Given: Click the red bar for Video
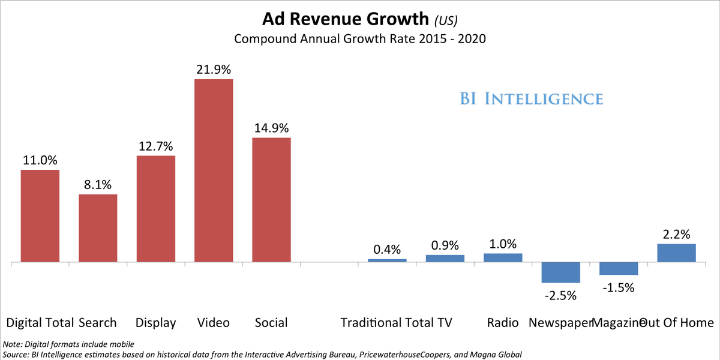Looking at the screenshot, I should [214, 171].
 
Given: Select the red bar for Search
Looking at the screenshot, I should [98, 229].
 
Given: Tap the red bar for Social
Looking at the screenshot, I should [271, 200].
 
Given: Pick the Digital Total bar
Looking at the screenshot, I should [40, 216].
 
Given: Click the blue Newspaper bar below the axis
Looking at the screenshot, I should [560, 272].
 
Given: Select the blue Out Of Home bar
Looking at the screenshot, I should [676, 253].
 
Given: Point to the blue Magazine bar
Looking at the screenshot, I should [619, 269].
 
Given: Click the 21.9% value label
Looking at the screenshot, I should [214, 70].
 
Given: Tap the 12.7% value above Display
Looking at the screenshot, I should [155, 146].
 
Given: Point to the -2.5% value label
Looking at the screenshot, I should [560, 295].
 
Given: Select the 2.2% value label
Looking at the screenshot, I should [676, 234].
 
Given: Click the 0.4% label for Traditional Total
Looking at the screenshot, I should [387, 250].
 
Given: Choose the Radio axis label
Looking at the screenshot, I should [503, 323].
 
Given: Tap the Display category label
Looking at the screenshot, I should [155, 323].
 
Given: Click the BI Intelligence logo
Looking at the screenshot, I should [532, 98].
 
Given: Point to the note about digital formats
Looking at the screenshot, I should [69, 344].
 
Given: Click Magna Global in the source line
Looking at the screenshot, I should [496, 355].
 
